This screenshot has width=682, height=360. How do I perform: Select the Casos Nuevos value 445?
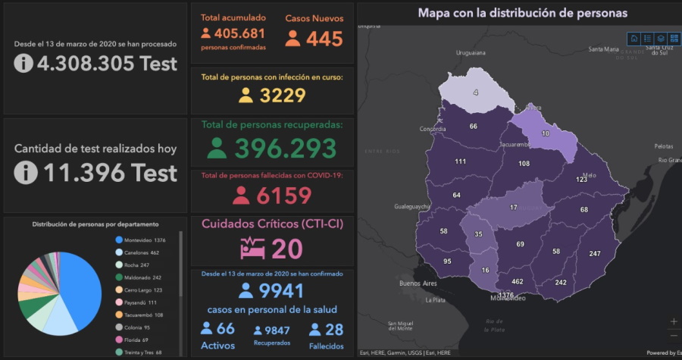click(x=324, y=39)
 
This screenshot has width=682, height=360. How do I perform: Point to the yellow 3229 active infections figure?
click(x=282, y=95)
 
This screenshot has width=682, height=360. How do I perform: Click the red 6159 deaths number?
click(x=283, y=196)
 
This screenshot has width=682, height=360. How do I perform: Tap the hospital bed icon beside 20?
click(x=252, y=248)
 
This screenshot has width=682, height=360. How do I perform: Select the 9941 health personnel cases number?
click(x=280, y=290)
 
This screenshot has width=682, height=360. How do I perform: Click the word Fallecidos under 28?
click(x=326, y=346)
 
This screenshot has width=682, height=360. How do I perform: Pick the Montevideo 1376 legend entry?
click(x=144, y=239)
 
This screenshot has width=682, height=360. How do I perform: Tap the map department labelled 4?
click(x=477, y=92)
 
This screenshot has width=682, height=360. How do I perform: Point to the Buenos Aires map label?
click(x=418, y=283)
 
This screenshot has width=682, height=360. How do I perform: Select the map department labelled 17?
click(x=514, y=207)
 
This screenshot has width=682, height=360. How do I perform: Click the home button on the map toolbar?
click(x=634, y=38)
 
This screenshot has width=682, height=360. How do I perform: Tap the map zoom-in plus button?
click(x=674, y=321)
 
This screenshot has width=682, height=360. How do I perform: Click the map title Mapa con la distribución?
click(x=523, y=13)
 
